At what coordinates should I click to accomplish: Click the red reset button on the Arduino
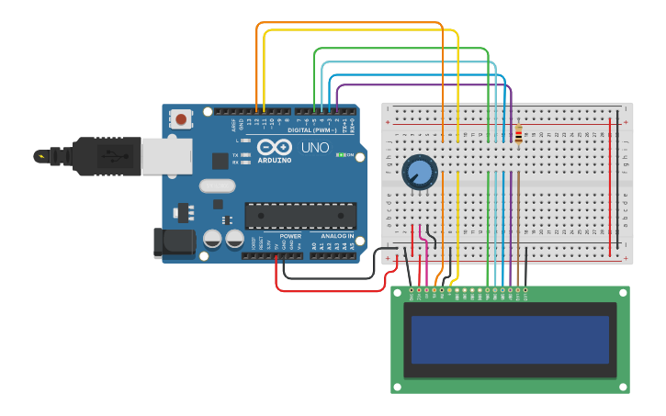pos(181,118)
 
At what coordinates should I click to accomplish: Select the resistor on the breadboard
pos(518,135)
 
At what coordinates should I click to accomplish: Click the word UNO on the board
pos(315,148)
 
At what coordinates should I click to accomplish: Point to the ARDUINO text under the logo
pos(275,160)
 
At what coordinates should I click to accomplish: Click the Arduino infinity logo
pos(275,147)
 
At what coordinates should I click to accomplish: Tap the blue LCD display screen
pos(510,340)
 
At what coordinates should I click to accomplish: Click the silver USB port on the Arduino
pos(166,156)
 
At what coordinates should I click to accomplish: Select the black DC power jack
pos(173,242)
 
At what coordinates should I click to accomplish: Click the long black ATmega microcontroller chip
pos(300,216)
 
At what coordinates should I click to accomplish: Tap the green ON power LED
pos(341,154)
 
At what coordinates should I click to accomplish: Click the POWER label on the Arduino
pos(290,236)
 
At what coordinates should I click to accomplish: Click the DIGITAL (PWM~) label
pos(311,129)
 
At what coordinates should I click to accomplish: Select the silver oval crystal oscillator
pos(217,186)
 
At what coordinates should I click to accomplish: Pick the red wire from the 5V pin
pos(331,291)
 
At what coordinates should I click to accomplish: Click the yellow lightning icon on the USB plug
pos(40,156)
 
